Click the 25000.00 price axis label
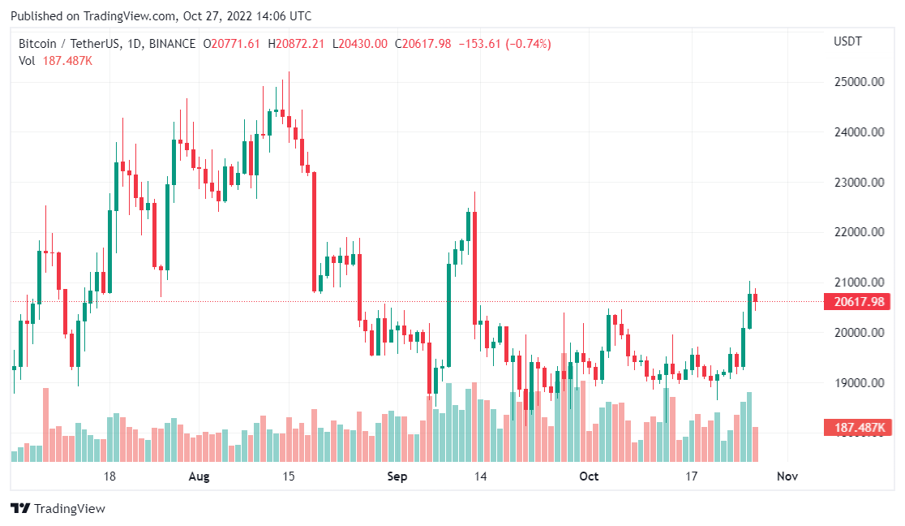click(x=859, y=81)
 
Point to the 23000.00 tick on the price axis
click(x=859, y=182)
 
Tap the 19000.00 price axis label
click(x=859, y=382)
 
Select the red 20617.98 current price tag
click(x=857, y=302)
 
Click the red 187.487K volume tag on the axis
click(x=857, y=428)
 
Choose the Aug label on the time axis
click(x=199, y=476)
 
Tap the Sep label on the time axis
click(x=397, y=476)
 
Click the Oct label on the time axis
click(x=589, y=476)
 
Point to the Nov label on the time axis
click(x=787, y=476)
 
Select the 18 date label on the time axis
click(x=109, y=476)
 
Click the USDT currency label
click(x=847, y=41)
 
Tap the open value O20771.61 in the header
click(x=231, y=44)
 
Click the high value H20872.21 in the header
click(x=296, y=44)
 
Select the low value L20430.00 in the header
click(x=360, y=44)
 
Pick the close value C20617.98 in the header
click(x=423, y=44)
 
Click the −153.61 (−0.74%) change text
click(x=505, y=44)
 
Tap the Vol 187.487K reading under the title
click(x=55, y=61)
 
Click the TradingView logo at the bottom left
click(x=58, y=509)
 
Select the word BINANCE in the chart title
click(x=172, y=44)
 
